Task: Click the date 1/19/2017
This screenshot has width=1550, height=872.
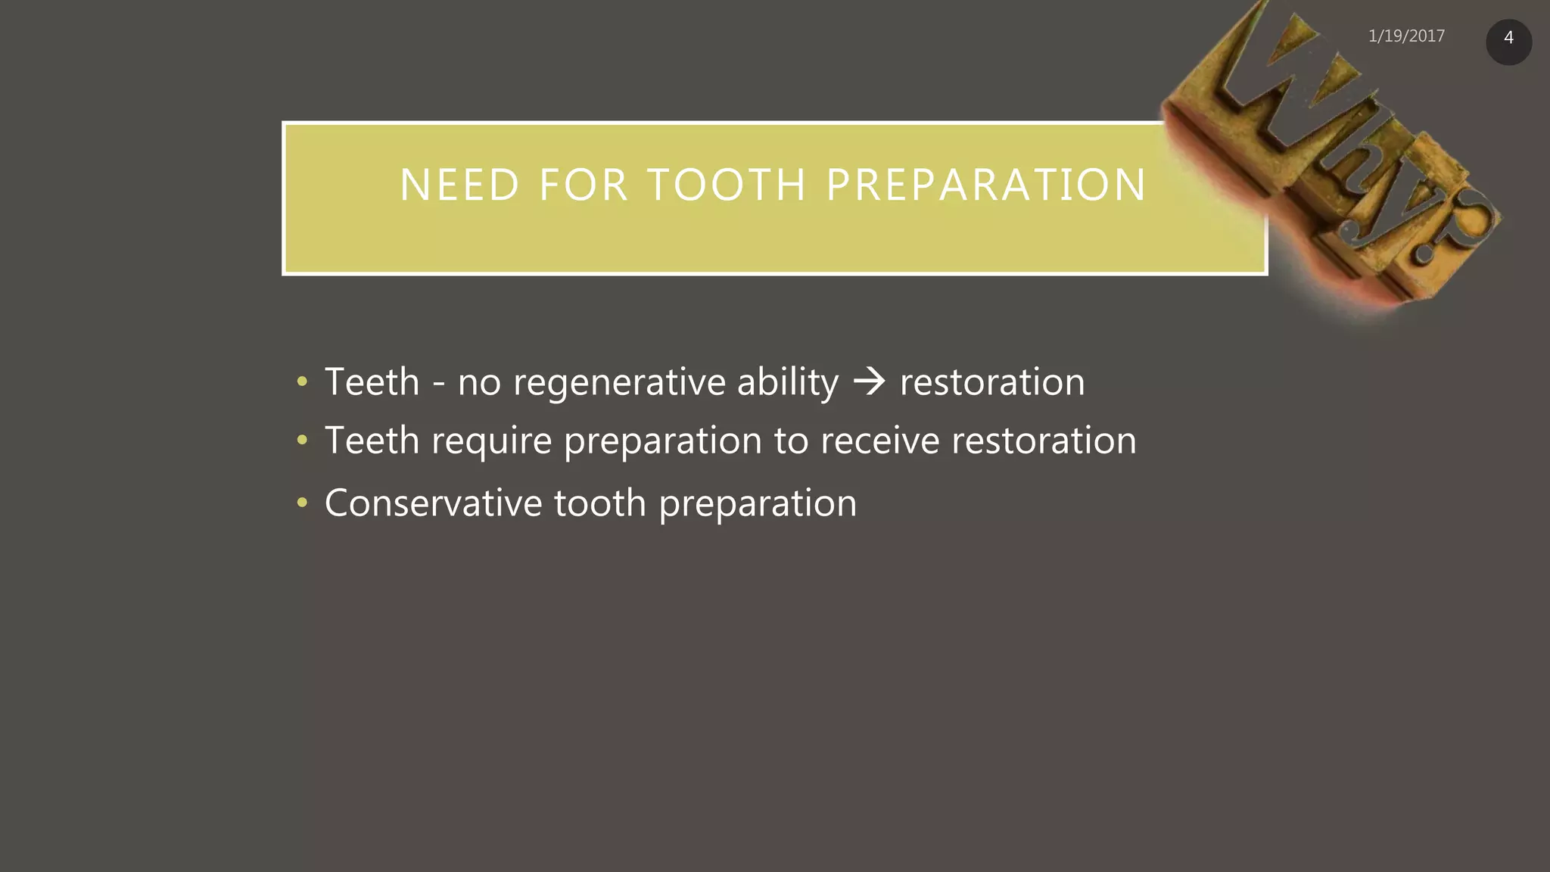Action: pyautogui.click(x=1406, y=36)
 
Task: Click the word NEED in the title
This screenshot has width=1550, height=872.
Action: pyautogui.click(x=459, y=185)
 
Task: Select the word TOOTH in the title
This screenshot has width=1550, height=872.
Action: pyautogui.click(x=727, y=185)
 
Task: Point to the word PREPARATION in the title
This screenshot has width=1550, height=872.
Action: pyautogui.click(x=986, y=185)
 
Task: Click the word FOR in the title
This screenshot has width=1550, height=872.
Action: pyautogui.click(x=584, y=185)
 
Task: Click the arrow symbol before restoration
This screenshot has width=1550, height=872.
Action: pyautogui.click(x=869, y=381)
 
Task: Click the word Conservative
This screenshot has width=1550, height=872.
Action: pyautogui.click(x=433, y=503)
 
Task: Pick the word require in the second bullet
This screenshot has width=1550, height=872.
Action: pyautogui.click(x=491, y=441)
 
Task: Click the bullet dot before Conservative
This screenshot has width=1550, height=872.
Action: pyautogui.click(x=302, y=503)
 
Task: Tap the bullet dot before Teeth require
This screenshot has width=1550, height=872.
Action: pyautogui.click(x=302, y=440)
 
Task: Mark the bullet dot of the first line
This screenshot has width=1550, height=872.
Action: pyautogui.click(x=302, y=381)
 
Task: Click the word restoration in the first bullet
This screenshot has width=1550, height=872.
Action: pyautogui.click(x=991, y=382)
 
